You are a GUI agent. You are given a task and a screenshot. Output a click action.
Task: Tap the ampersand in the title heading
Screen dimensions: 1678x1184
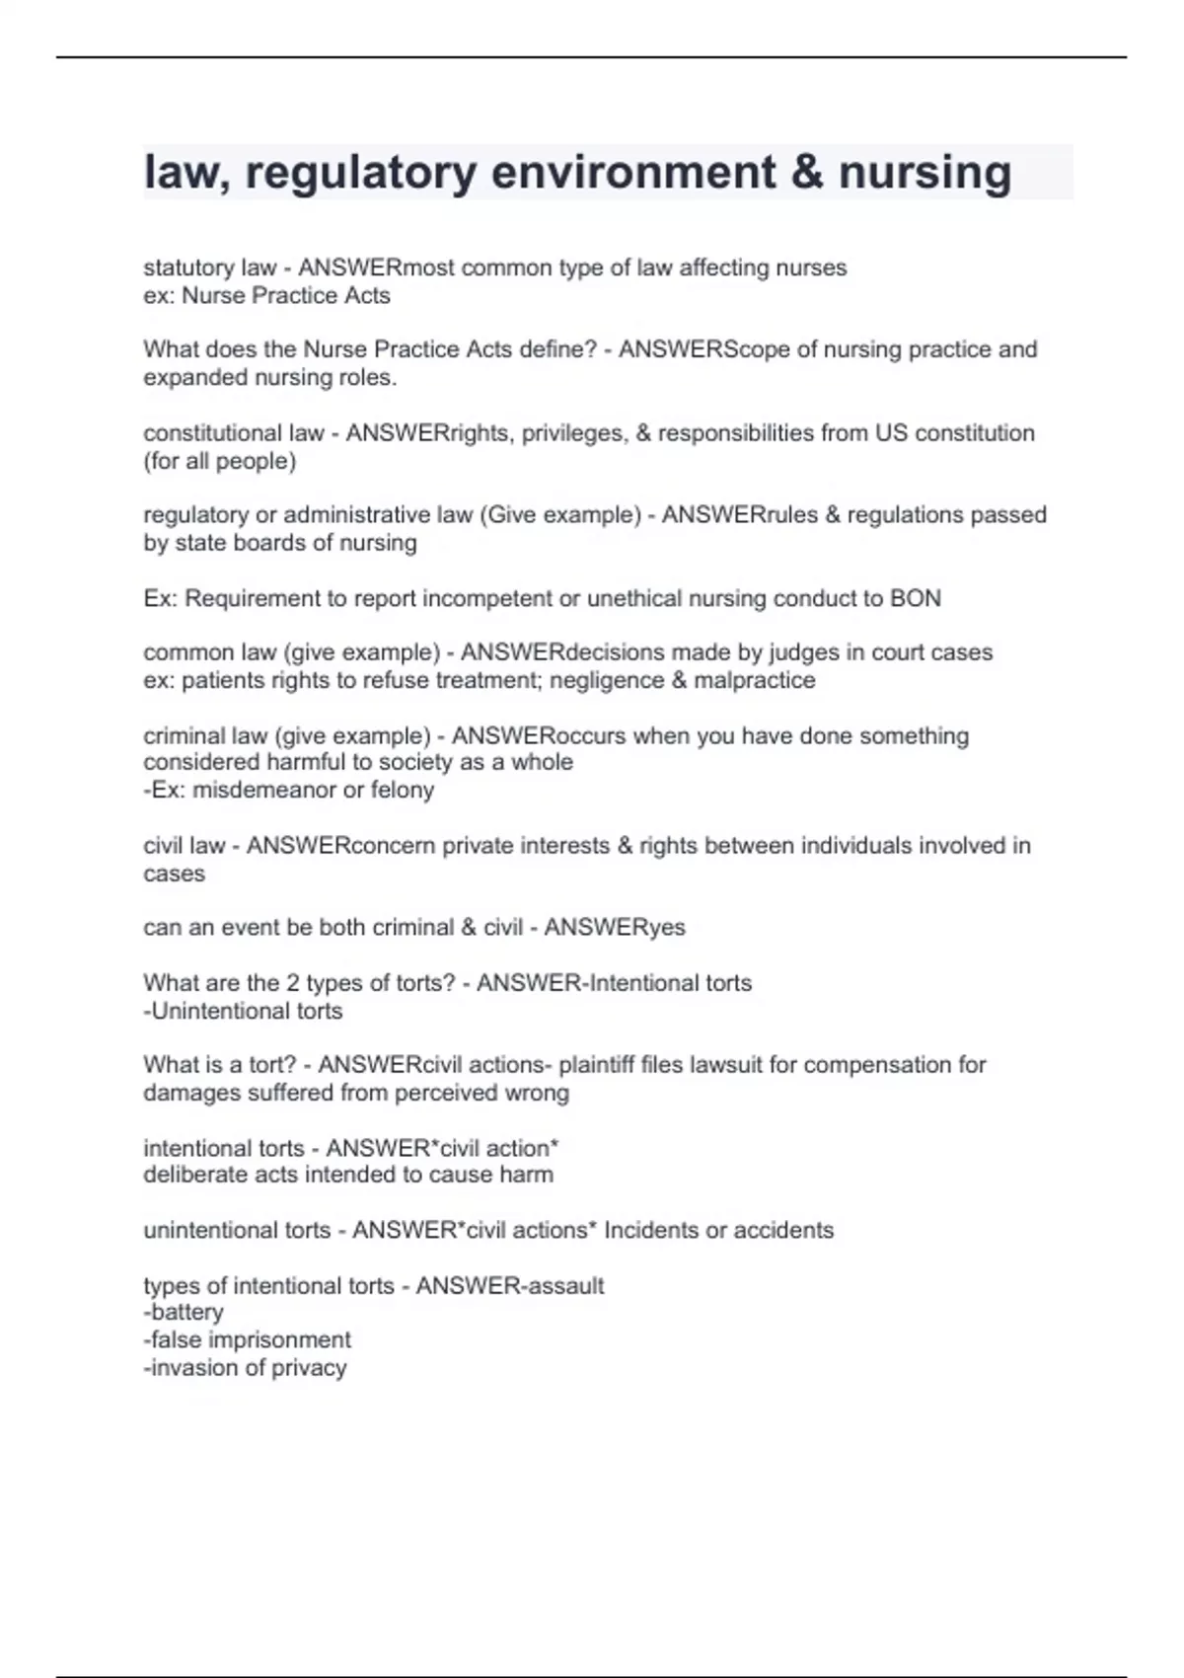[807, 173]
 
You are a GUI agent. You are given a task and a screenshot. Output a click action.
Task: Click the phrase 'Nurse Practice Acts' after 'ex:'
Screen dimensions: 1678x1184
[286, 295]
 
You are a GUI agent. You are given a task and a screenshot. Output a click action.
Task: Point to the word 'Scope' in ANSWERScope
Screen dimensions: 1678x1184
[758, 349]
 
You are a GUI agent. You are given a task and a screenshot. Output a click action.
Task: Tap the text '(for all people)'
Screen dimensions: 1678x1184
[219, 461]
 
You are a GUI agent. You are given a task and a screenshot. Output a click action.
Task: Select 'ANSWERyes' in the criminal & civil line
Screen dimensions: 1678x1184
[615, 927]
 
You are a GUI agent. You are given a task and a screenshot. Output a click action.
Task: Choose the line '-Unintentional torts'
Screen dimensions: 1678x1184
[243, 1011]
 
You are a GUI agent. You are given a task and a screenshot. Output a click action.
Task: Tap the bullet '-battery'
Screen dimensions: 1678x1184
[184, 1312]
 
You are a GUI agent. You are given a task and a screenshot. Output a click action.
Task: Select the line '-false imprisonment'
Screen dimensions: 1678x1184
[247, 1339]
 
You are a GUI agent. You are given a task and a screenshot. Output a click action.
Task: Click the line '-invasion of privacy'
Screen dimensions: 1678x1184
[245, 1367]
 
